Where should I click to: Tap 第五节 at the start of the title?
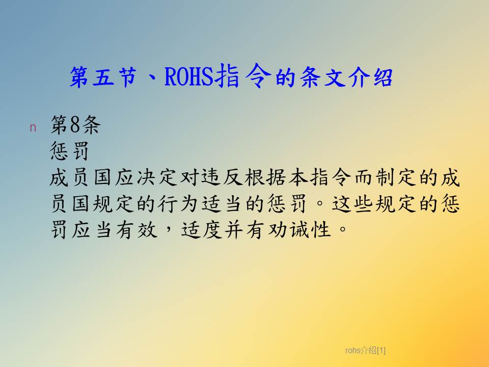tap(103, 77)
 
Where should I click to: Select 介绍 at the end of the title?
tap(370, 77)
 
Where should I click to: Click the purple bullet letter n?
tap(33, 127)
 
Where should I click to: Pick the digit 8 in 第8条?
tap(75, 124)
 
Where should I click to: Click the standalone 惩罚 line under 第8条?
tap(69, 151)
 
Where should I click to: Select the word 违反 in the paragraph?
tap(222, 177)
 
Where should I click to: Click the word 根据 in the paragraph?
tap(265, 177)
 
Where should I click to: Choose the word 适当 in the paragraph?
tap(222, 204)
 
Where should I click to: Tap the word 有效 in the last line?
tap(137, 230)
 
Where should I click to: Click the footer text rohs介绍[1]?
tap(366, 351)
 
